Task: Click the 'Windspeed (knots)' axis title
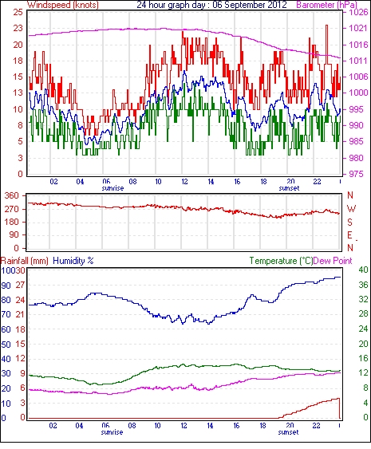[62, 5]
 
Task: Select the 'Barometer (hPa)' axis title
[326, 5]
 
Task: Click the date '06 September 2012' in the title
[250, 5]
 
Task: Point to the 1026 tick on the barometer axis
[358, 12]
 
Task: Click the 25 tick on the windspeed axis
[18, 12]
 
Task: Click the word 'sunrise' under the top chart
[112, 188]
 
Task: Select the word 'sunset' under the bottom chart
[288, 431]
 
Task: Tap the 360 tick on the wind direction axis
[12, 196]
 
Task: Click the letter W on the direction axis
[351, 208]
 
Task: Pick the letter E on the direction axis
[349, 235]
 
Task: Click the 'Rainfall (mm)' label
[24, 261]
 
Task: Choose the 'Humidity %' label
[73, 261]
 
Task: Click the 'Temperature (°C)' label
[281, 261]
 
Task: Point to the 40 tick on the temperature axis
[363, 270]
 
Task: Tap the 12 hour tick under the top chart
[184, 182]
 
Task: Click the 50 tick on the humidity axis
[6, 344]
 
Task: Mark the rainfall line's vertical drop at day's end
[340, 408]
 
